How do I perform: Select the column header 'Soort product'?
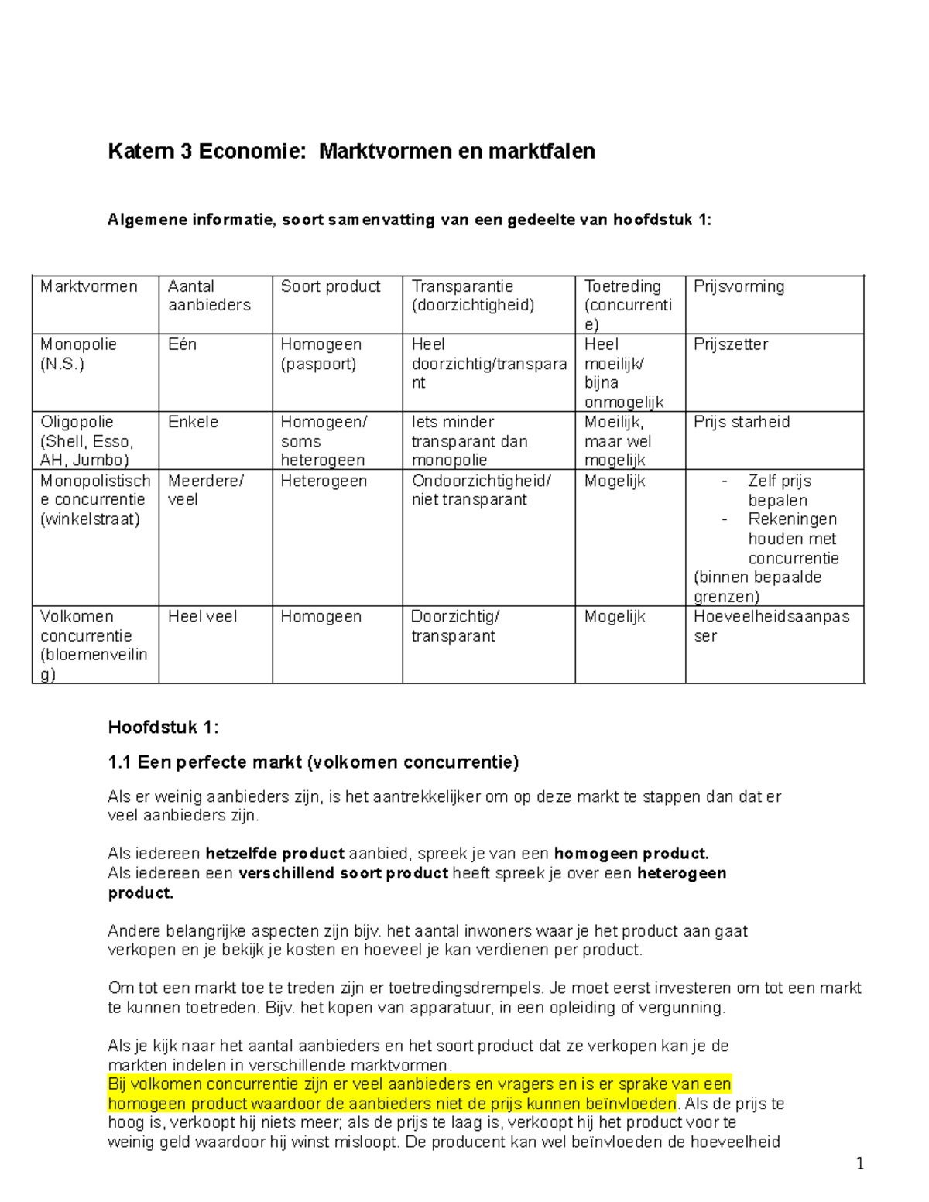coord(330,286)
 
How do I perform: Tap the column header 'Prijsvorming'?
coord(739,286)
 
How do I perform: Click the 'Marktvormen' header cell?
coord(89,286)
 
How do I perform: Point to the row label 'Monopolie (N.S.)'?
coord(78,354)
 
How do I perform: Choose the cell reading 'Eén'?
coord(182,344)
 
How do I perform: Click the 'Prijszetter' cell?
coord(730,344)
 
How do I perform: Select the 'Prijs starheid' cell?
coord(741,422)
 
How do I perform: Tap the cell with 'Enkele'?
coord(193,422)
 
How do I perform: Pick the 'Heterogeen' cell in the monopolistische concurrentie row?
coord(323,481)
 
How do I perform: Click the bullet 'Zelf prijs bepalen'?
coord(778,491)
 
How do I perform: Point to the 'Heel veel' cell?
coord(202,617)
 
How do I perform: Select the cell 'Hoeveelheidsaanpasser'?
coord(771,626)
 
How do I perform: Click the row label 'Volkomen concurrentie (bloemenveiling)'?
coord(94,645)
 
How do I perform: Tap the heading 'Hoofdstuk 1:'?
coord(163,728)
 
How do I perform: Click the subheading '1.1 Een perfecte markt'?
coord(313,762)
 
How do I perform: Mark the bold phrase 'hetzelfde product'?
coord(274,854)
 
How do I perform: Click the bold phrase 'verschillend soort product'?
coord(343,873)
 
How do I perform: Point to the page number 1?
coord(859,1164)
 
